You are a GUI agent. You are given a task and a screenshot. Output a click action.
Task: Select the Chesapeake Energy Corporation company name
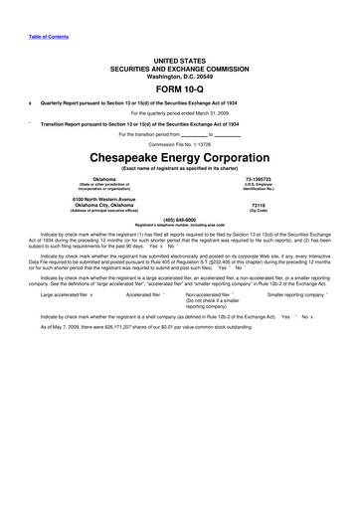pyautogui.click(x=179, y=157)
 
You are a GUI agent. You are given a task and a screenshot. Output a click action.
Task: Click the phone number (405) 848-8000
pyautogui.click(x=179, y=218)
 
